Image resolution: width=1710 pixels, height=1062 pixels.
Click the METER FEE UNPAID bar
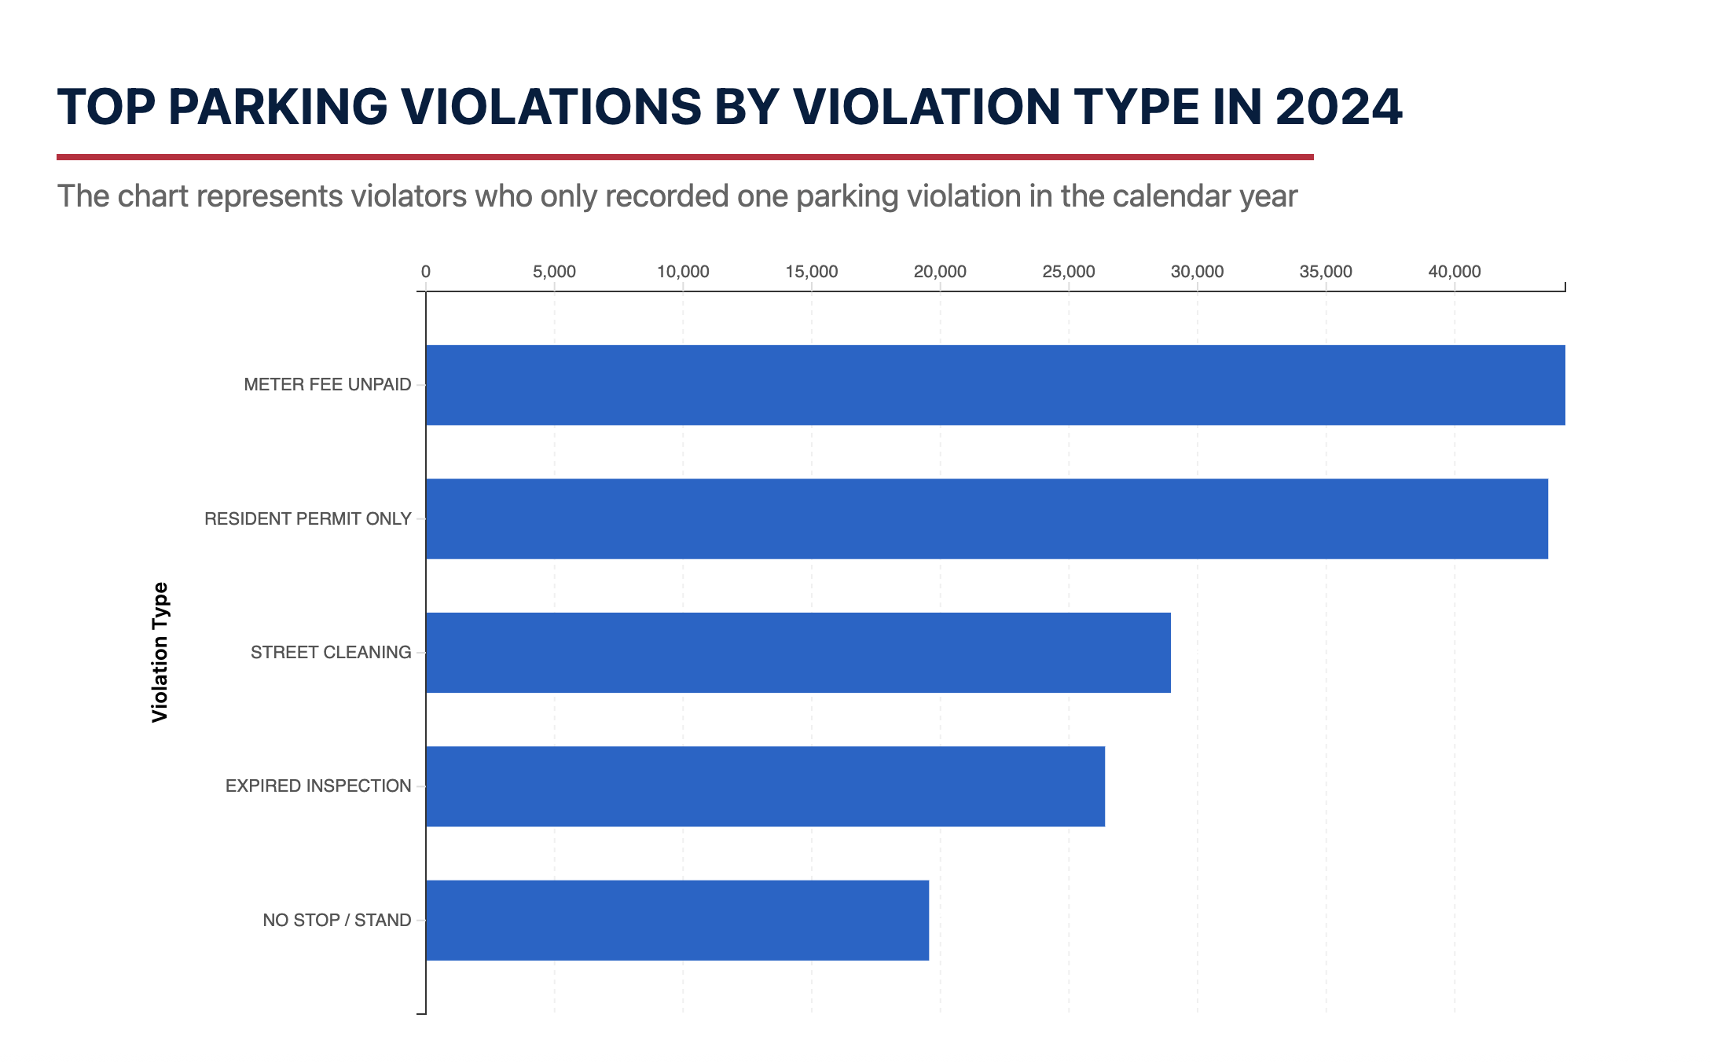click(995, 385)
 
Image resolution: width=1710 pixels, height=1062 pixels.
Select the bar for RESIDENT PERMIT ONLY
click(986, 518)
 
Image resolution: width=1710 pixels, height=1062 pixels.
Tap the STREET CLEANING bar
click(798, 653)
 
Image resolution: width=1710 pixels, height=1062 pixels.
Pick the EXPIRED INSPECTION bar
click(765, 786)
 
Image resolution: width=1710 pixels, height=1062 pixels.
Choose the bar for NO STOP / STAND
click(677, 920)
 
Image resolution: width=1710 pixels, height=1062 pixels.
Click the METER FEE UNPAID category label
click(327, 385)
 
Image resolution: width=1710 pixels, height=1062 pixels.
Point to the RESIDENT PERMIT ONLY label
click(307, 518)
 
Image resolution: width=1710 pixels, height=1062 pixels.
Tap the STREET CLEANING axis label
click(330, 653)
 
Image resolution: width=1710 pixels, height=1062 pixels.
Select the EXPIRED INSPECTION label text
click(317, 786)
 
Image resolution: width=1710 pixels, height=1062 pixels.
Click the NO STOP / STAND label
click(336, 920)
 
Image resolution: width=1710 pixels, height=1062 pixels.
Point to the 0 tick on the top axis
click(426, 272)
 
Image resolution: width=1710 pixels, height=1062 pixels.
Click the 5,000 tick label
click(554, 272)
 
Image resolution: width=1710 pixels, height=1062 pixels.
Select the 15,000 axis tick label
click(811, 272)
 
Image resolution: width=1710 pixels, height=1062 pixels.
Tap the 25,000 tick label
click(1068, 272)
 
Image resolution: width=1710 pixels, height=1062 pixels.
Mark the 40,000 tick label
click(1454, 272)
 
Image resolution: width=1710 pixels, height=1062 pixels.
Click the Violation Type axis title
click(160, 652)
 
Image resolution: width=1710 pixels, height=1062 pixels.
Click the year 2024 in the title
click(1338, 107)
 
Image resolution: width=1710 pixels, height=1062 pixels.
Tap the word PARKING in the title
click(277, 107)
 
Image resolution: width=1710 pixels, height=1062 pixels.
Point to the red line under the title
click(684, 157)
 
